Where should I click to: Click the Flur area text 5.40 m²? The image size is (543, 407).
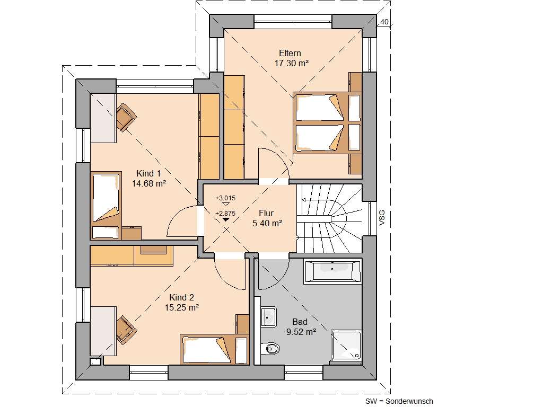coord(267,223)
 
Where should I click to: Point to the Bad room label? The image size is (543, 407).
coord(300,322)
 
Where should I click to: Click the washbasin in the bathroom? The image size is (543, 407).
coord(268,316)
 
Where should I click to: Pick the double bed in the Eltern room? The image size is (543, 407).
coord(326,123)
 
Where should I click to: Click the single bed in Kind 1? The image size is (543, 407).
coord(107,198)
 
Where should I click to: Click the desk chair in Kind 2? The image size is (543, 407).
coord(126,329)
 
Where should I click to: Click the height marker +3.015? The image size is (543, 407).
coord(225,198)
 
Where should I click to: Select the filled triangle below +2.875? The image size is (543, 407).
coord(226,219)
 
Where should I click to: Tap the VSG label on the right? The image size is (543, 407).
coord(382,217)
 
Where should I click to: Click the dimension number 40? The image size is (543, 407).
coord(384,22)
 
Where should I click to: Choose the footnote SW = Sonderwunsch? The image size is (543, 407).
coord(399,401)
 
